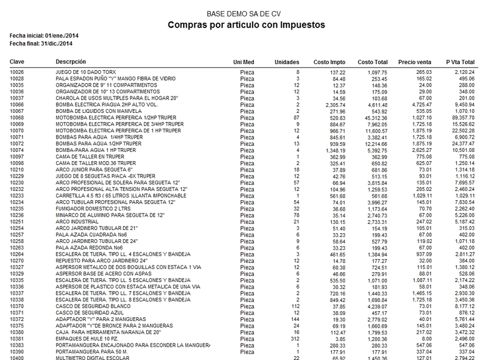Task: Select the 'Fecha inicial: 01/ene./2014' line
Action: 40,38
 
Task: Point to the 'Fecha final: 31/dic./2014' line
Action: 38,45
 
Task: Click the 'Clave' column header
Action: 18,63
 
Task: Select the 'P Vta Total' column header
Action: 460,63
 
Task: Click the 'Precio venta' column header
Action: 414,63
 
